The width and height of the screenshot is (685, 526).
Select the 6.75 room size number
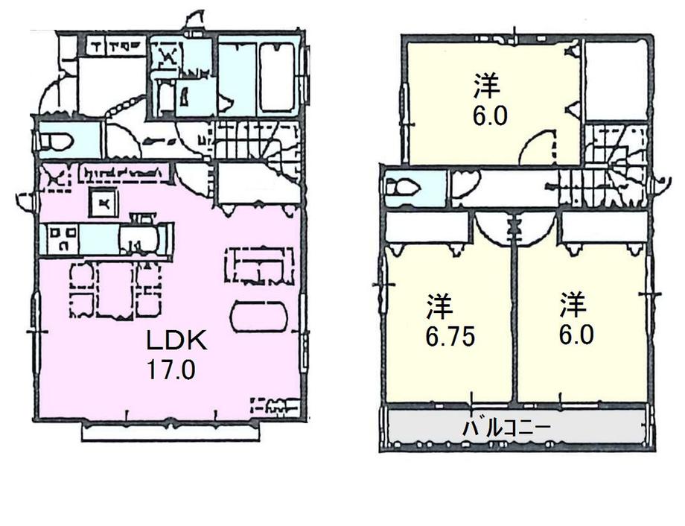450,336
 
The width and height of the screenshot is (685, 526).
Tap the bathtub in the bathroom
277,77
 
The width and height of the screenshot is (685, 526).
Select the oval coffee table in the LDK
258,317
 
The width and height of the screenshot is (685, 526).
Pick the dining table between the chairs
115,289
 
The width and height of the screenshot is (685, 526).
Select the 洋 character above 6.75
441,306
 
